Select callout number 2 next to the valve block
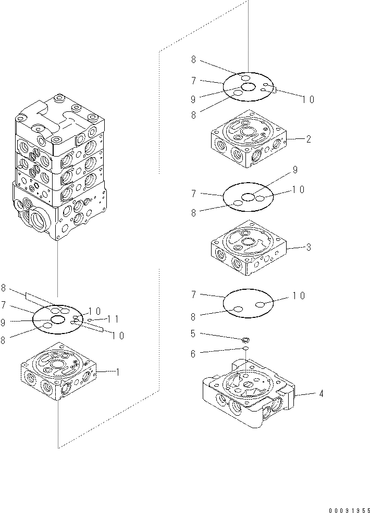tap(309, 139)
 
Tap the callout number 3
tap(309, 248)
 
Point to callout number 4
tap(320, 394)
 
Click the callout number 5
tap(193, 334)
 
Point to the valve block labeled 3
tap(248, 246)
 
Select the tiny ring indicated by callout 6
tap(245, 349)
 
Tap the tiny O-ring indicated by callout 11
tap(90, 320)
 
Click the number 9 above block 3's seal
tap(295, 170)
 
